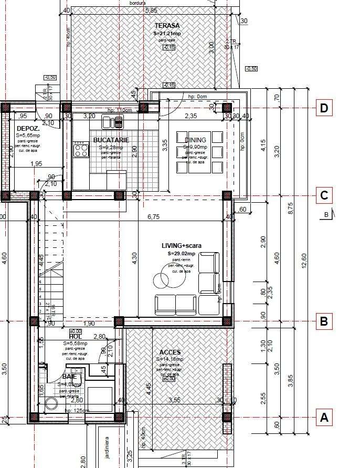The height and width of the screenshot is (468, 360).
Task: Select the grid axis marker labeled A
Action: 324,418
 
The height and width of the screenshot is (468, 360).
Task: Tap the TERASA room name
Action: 167,25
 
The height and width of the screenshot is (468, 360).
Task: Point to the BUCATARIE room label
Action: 111,140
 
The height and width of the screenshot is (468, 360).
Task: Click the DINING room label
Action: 196,140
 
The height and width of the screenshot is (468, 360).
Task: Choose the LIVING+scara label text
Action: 182,245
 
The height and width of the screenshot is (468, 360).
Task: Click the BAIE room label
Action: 69,377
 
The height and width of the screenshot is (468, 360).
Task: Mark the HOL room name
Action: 76,336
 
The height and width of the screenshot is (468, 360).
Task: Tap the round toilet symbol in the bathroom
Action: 51,403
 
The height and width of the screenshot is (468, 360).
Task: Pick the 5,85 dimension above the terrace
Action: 151,10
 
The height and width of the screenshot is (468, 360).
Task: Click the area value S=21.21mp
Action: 167,33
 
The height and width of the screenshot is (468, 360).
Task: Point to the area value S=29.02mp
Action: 182,253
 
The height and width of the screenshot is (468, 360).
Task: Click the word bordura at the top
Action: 137,3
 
